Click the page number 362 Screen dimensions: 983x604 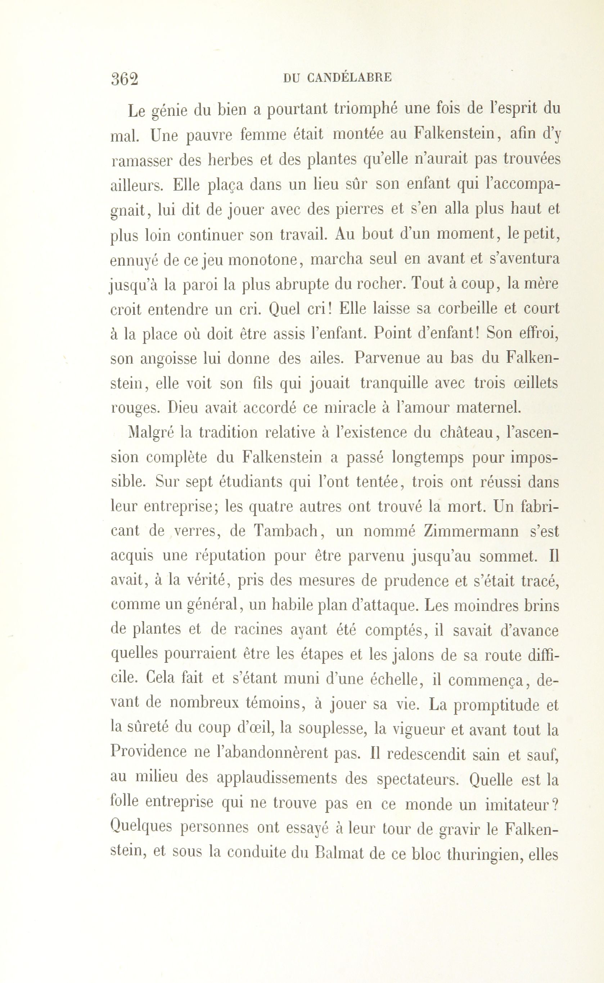point(125,79)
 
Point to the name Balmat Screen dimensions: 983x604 point(341,852)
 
